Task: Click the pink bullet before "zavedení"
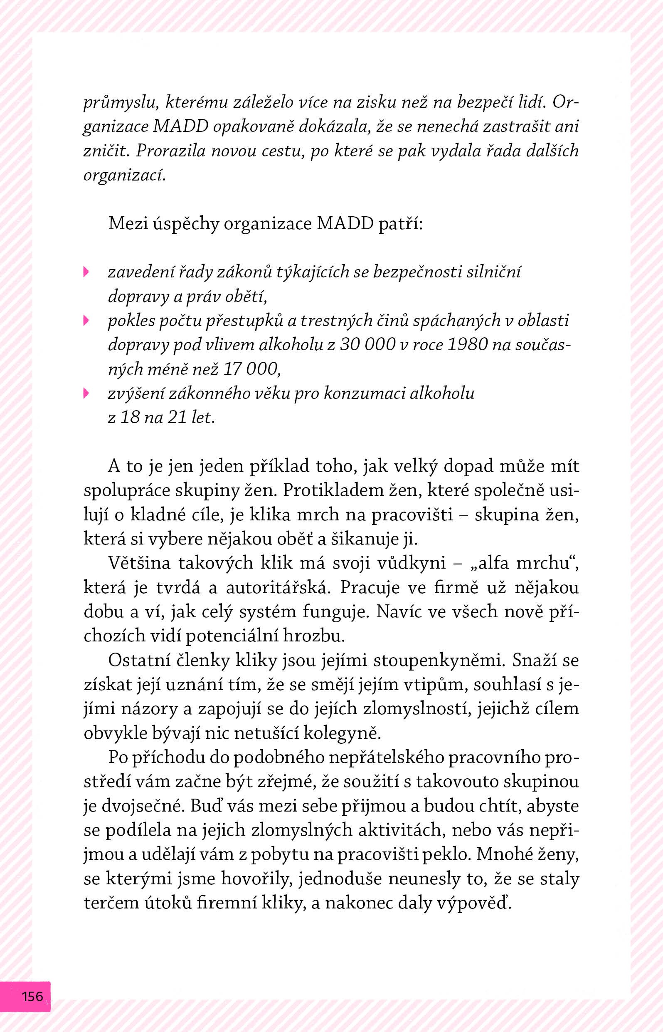coord(86,272)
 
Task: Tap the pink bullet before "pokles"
coord(86,320)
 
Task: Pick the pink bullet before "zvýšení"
coord(86,393)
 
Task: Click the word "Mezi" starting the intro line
coord(128,223)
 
